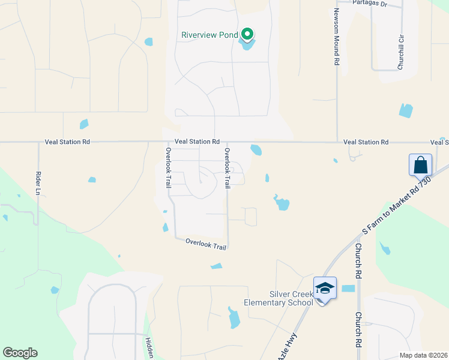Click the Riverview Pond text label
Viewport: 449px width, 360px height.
pos(209,35)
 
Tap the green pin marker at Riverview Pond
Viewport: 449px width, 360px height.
pos(247,35)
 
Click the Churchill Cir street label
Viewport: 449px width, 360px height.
pos(400,51)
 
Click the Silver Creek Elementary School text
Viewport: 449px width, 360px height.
pos(279,298)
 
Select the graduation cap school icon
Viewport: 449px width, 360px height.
pos(325,289)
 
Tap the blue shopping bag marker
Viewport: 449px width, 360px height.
pos(420,164)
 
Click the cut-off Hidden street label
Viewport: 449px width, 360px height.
pos(148,348)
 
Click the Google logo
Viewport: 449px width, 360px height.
pos(20,353)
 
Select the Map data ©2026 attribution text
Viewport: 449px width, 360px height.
pos(423,355)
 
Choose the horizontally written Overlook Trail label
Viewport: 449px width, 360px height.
pos(206,243)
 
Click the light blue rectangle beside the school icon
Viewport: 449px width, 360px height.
pos(348,289)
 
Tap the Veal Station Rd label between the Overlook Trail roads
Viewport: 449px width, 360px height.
pos(197,142)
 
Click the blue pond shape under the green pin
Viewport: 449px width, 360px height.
pos(247,43)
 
